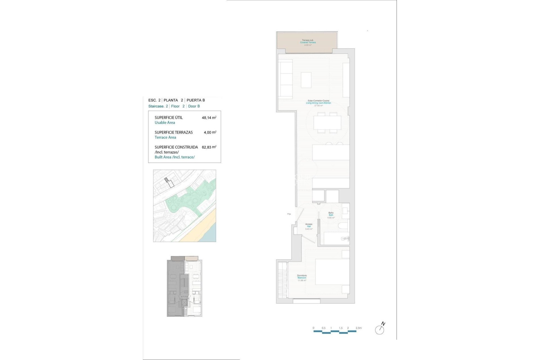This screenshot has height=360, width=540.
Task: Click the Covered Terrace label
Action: click(x=308, y=42)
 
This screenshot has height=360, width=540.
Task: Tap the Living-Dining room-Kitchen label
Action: click(x=318, y=103)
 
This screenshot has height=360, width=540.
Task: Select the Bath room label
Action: click(x=331, y=215)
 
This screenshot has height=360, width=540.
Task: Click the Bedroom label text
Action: click(x=302, y=278)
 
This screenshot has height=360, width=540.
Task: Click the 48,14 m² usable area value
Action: click(x=209, y=118)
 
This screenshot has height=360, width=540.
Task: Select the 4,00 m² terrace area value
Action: click(x=210, y=132)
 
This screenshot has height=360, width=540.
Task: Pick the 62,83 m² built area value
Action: click(x=209, y=147)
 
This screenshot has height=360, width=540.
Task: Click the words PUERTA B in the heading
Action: click(x=196, y=100)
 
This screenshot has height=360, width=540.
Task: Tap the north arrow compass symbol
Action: click(x=380, y=329)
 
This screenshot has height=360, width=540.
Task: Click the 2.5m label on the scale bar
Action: click(x=359, y=328)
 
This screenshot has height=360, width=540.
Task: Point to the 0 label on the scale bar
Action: click(x=313, y=328)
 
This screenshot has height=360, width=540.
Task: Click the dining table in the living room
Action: click(x=327, y=123)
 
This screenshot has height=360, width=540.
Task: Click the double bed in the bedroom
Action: click(x=332, y=272)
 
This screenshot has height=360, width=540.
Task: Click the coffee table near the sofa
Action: click(x=306, y=80)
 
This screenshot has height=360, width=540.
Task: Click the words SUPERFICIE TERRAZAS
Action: click(x=174, y=132)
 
